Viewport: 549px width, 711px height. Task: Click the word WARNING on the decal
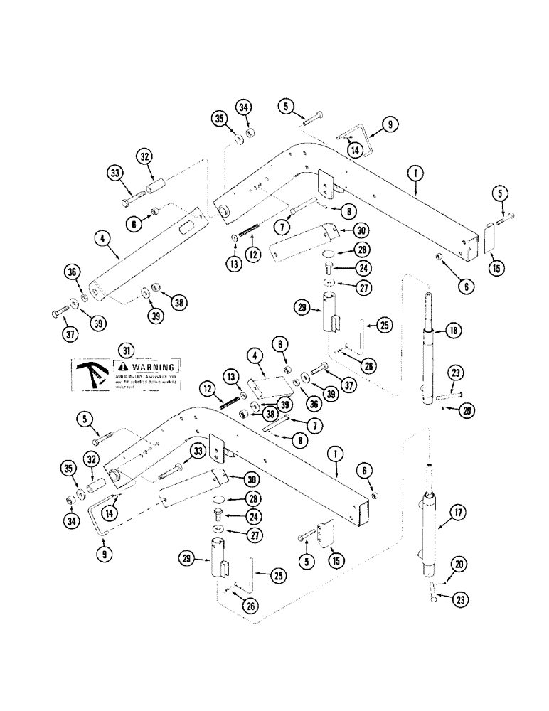click(x=151, y=367)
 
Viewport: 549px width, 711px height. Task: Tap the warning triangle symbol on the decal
click(x=121, y=367)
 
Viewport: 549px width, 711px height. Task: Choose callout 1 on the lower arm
click(x=332, y=452)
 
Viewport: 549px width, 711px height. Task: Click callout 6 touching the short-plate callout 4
click(x=282, y=344)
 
